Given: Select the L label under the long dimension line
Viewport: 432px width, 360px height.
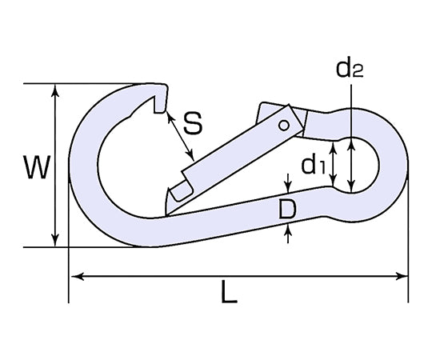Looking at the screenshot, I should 229,294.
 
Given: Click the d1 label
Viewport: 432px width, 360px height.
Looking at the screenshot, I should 313,165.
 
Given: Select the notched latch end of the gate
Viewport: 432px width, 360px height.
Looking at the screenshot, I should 178,192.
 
